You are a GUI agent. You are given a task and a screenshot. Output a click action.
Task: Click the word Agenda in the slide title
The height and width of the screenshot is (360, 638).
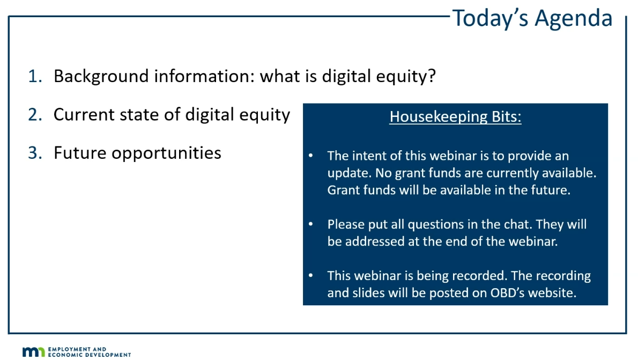573,19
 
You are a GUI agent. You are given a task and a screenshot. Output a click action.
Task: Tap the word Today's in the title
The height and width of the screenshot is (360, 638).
491,19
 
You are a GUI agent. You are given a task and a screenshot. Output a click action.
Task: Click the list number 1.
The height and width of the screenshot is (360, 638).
35,76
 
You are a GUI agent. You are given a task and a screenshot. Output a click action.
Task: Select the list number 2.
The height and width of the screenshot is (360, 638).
35,114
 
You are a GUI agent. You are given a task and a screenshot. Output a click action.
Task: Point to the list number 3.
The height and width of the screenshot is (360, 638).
35,153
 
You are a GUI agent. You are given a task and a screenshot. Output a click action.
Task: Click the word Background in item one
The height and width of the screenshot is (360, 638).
101,77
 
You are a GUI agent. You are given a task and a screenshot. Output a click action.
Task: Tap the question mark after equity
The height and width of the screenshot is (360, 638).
432,76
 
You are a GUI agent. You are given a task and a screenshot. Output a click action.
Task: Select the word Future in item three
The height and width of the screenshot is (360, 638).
80,153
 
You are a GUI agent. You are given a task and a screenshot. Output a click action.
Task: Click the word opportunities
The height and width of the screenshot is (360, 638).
166,153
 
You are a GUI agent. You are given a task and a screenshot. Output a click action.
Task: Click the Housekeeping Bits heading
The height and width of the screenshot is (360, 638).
455,117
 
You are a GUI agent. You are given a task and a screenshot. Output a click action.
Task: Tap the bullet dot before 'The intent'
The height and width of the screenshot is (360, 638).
311,156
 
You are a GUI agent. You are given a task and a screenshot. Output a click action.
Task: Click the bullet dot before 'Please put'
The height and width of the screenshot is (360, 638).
311,224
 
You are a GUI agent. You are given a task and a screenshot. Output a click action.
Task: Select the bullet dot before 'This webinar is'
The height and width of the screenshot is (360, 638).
311,275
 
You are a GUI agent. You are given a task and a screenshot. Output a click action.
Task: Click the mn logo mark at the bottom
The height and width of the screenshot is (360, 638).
34,352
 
